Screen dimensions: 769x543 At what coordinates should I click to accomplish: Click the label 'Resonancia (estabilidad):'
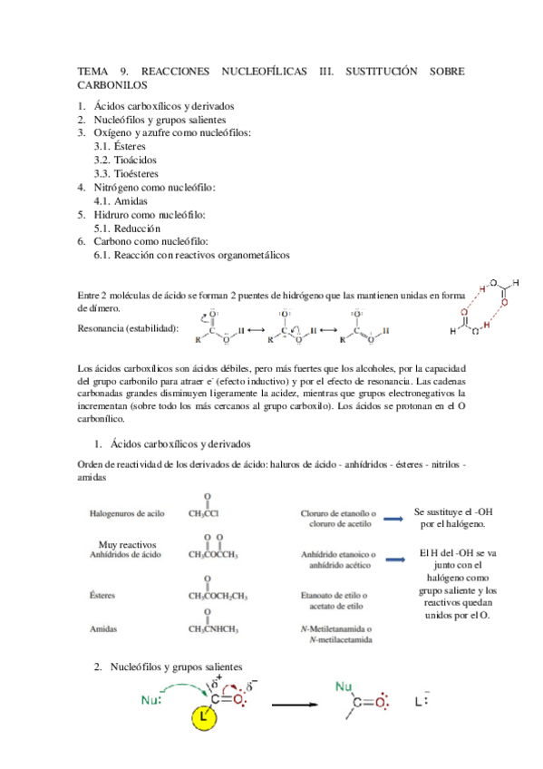point(128,327)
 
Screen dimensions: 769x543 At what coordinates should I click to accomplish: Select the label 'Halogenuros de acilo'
point(127,512)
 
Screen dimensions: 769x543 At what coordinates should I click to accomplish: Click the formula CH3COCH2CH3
point(218,596)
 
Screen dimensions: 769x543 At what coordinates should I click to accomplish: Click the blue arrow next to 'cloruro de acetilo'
point(393,518)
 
